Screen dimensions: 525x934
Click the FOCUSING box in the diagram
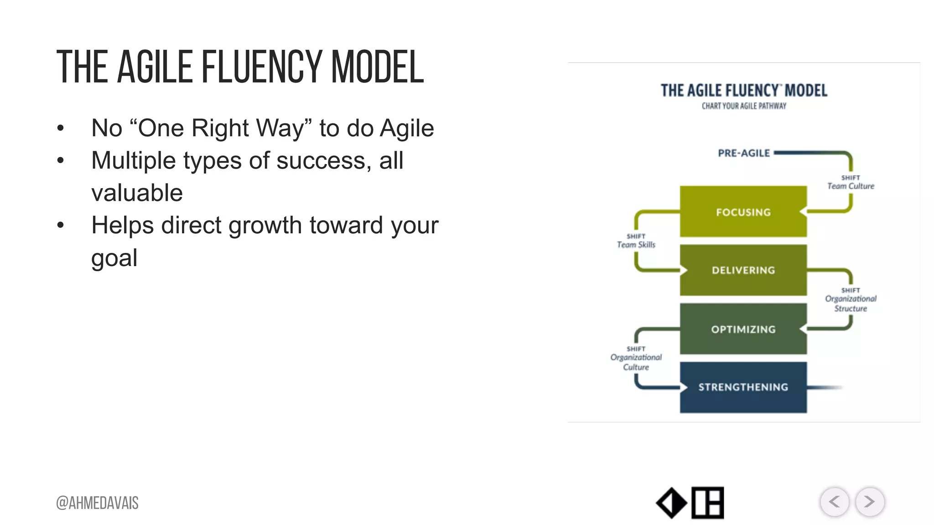[x=743, y=211]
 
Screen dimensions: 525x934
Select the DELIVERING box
[x=743, y=270]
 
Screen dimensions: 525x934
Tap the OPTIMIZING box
[x=743, y=329]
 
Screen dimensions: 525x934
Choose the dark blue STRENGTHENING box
[x=743, y=387]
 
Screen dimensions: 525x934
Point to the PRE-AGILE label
[x=744, y=153]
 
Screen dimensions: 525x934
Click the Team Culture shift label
[x=851, y=183]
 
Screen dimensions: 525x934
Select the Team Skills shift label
[x=636, y=242]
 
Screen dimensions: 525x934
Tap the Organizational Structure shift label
[x=851, y=300]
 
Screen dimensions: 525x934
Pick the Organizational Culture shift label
[x=636, y=359]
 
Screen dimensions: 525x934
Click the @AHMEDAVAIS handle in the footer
[x=97, y=503]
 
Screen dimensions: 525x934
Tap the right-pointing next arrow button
[x=870, y=502]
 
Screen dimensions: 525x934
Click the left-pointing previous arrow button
[x=835, y=502]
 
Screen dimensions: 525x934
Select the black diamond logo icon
[x=671, y=503]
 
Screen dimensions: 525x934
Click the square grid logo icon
[x=707, y=503]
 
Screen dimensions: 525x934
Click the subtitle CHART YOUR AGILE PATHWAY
[x=744, y=106]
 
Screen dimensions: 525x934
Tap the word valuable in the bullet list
[x=137, y=193]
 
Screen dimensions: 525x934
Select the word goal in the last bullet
[x=114, y=258]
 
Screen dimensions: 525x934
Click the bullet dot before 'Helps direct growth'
[x=60, y=225]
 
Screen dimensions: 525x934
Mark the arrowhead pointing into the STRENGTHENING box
[x=684, y=387]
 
